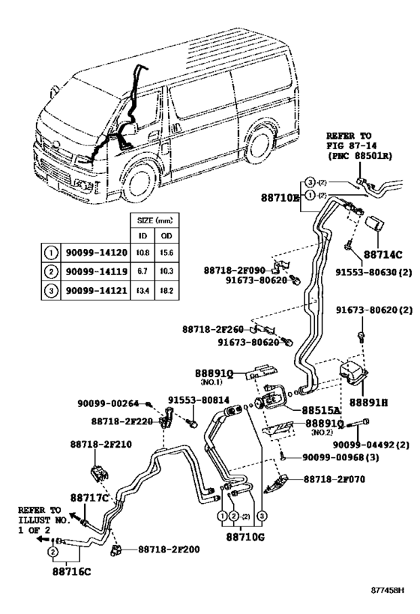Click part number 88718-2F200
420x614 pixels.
[x=169, y=550]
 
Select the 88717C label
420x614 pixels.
[x=90, y=497]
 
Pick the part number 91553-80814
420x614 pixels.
[x=197, y=400]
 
